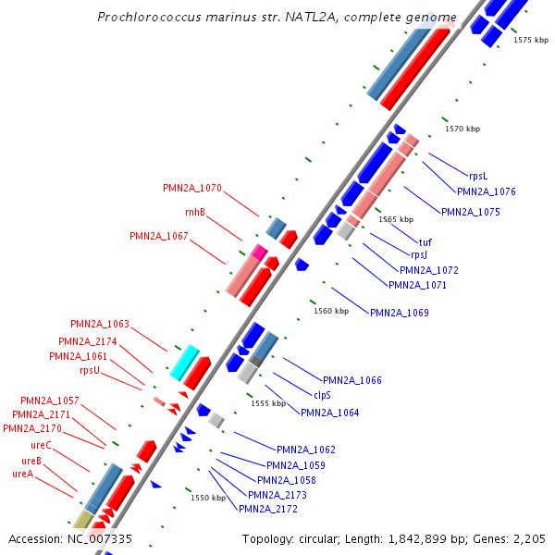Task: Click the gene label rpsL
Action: pyautogui.click(x=477, y=176)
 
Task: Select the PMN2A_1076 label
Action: pyautogui.click(x=486, y=192)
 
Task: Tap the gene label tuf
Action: pyautogui.click(x=425, y=242)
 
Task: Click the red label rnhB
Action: pyautogui.click(x=194, y=213)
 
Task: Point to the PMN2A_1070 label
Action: pyautogui.click(x=192, y=188)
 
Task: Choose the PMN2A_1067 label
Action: pyautogui.click(x=159, y=237)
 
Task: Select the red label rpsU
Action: pyautogui.click(x=90, y=370)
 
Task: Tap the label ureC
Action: pyautogui.click(x=42, y=445)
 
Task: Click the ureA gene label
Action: pyautogui.click(x=23, y=474)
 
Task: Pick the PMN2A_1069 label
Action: pyautogui.click(x=400, y=313)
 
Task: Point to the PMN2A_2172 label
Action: pyautogui.click(x=268, y=509)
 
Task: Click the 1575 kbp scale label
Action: pyautogui.click(x=531, y=41)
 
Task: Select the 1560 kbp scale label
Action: pyautogui.click(x=331, y=312)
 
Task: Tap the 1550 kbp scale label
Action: pyautogui.click(x=208, y=498)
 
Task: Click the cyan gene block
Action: pyautogui.click(x=185, y=362)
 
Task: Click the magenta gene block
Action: pyautogui.click(x=259, y=252)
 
